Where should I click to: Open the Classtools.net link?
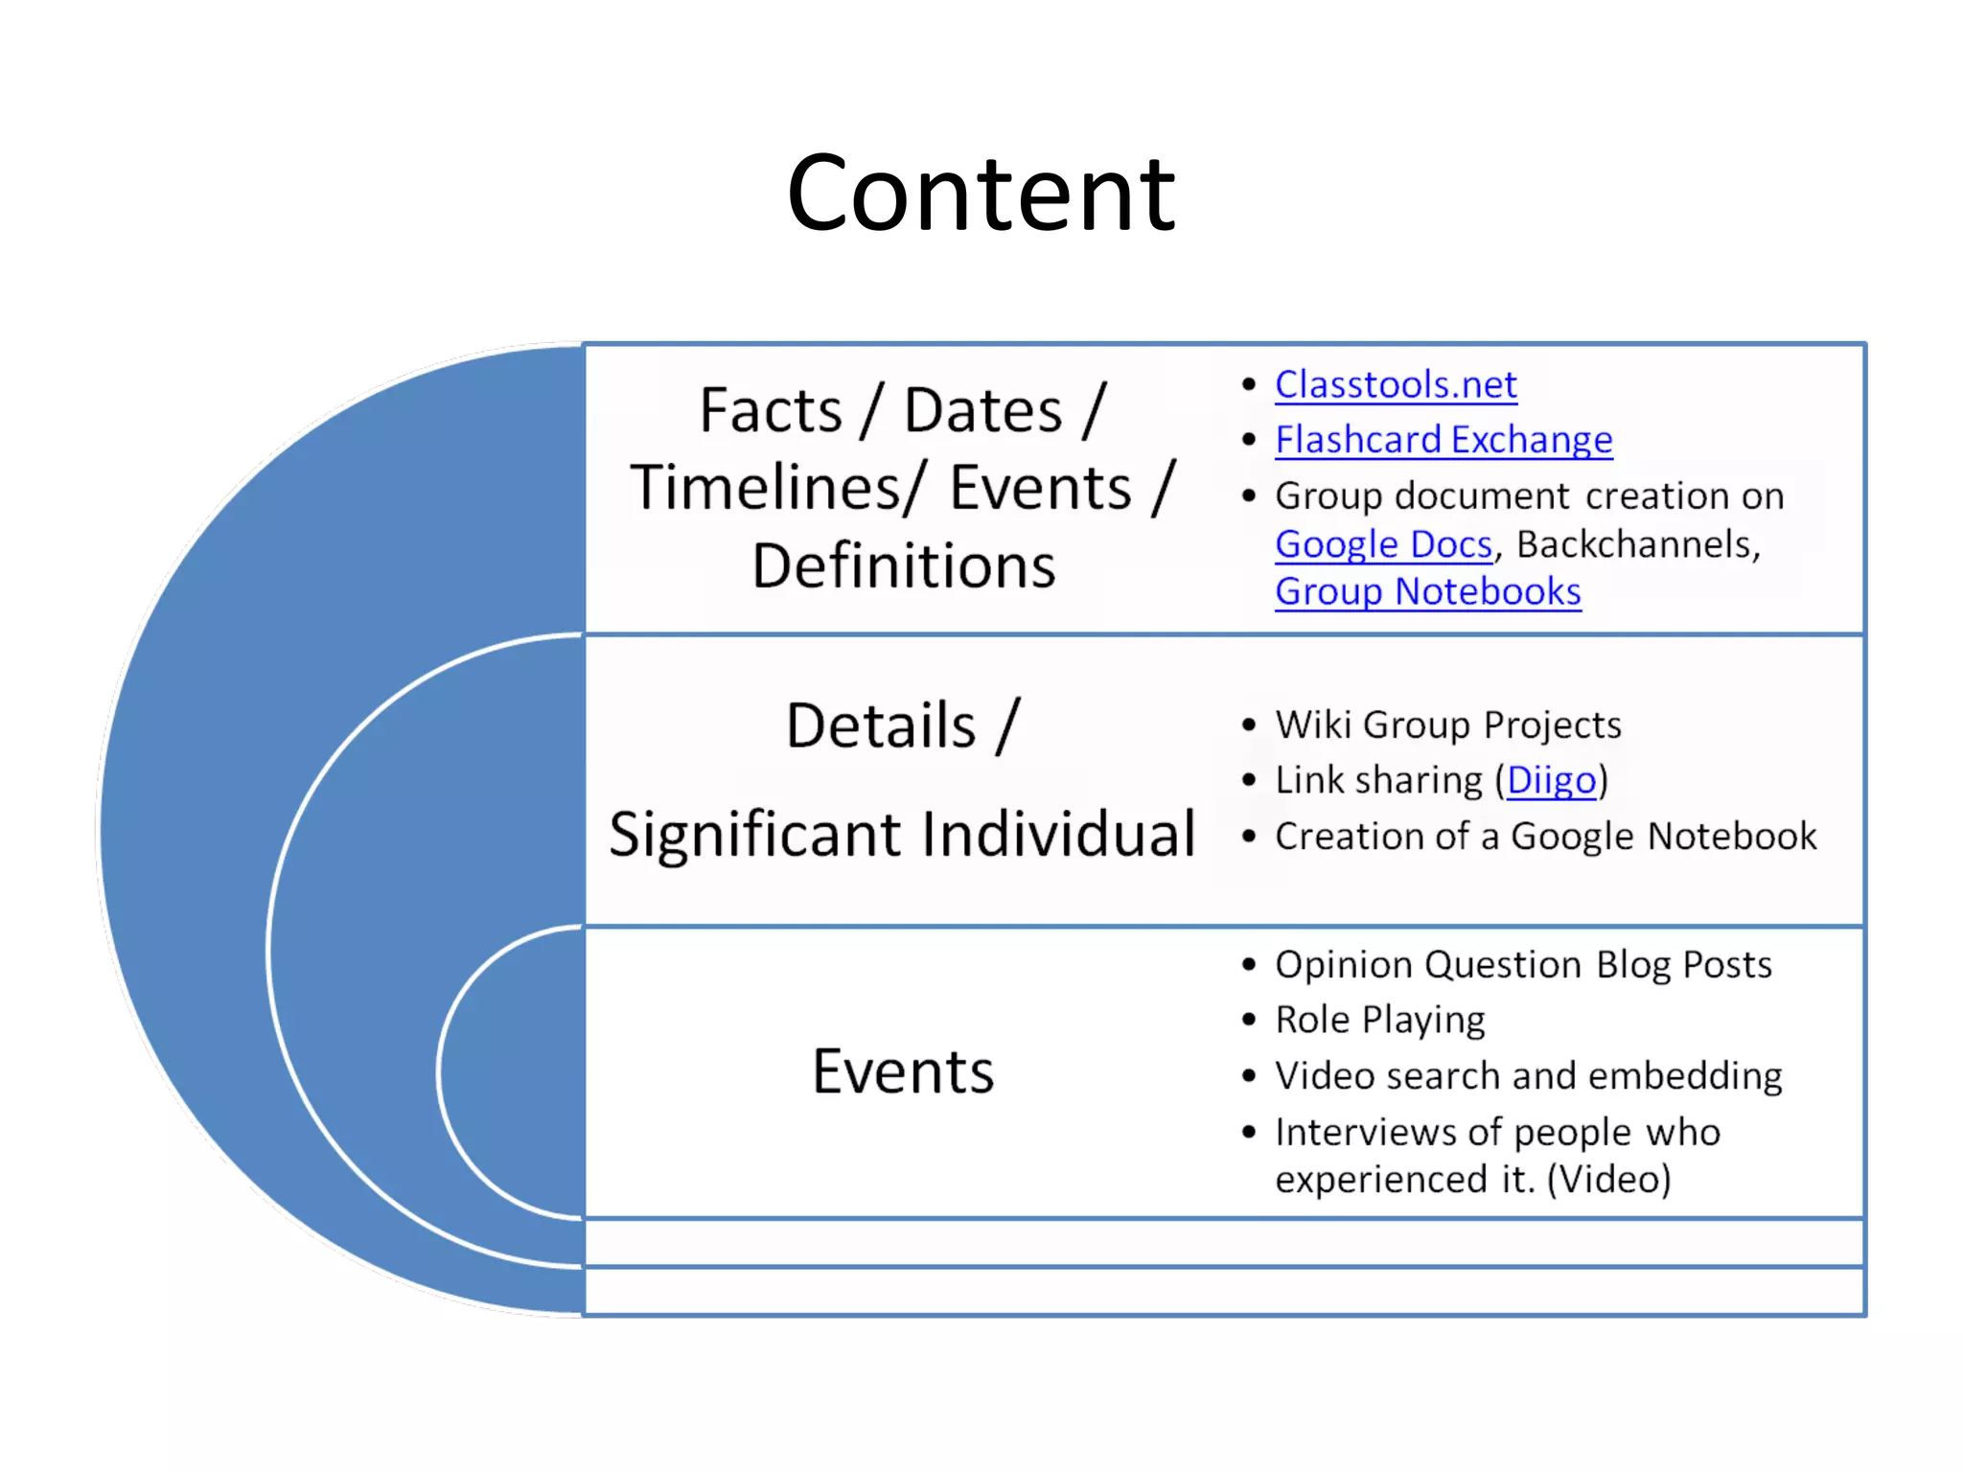coord(1396,385)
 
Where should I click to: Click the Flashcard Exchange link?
coord(1443,440)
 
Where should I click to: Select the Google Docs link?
coord(1383,544)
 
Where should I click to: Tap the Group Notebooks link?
coord(1427,592)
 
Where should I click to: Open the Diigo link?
coord(1551,780)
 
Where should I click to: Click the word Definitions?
coord(903,565)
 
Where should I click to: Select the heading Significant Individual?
coord(902,834)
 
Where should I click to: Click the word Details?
coord(881,725)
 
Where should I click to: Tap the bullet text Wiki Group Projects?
coord(1447,725)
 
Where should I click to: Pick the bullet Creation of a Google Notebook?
coord(1545,837)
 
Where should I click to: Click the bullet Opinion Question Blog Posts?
coord(1523,965)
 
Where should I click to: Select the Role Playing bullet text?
coord(1379,1021)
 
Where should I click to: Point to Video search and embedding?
coord(1528,1076)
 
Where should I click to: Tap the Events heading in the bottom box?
coord(903,1071)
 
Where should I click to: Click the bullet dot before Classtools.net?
coord(1248,385)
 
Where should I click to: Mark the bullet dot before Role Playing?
coord(1248,1020)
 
